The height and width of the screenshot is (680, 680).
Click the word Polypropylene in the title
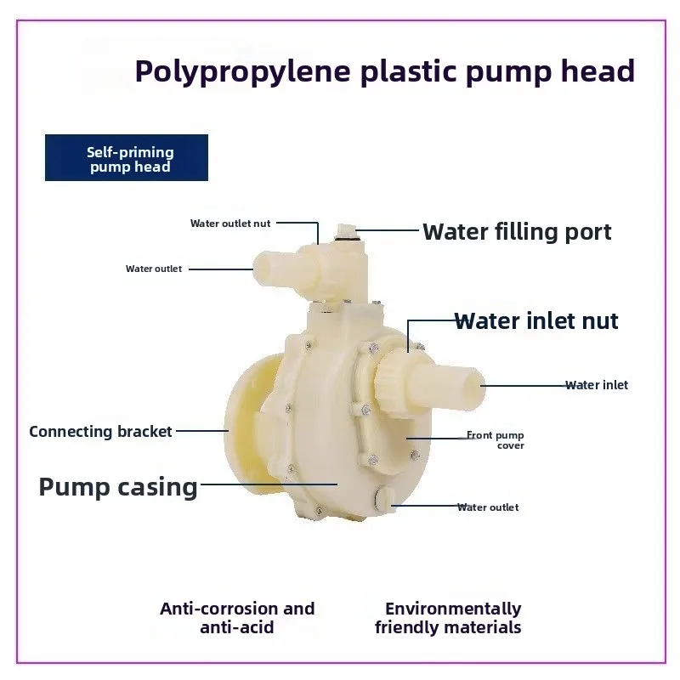pyautogui.click(x=243, y=72)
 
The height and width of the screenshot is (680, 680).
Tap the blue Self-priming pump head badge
pyautogui.click(x=127, y=157)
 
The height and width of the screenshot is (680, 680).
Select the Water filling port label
pyautogui.click(x=517, y=232)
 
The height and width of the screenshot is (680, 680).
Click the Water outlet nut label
pyautogui.click(x=230, y=224)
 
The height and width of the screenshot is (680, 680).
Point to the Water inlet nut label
pyautogui.click(x=536, y=321)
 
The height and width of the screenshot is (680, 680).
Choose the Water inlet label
pyautogui.click(x=597, y=385)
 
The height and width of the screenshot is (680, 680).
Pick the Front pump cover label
pyautogui.click(x=496, y=440)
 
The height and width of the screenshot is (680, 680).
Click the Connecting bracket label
pyautogui.click(x=100, y=432)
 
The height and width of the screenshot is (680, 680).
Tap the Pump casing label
pyautogui.click(x=118, y=487)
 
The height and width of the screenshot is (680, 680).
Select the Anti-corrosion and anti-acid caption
pyautogui.click(x=237, y=618)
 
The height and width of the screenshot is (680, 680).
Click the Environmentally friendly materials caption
pyautogui.click(x=448, y=618)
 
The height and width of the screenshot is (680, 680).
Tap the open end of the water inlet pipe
pyautogui.click(x=477, y=387)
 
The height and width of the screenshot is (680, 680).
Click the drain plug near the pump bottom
pyautogui.click(x=384, y=499)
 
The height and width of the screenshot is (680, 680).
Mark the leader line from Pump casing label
pyautogui.click(x=269, y=484)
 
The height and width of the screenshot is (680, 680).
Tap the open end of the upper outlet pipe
pyautogui.click(x=261, y=269)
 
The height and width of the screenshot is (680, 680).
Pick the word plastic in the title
pyautogui.click(x=409, y=72)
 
